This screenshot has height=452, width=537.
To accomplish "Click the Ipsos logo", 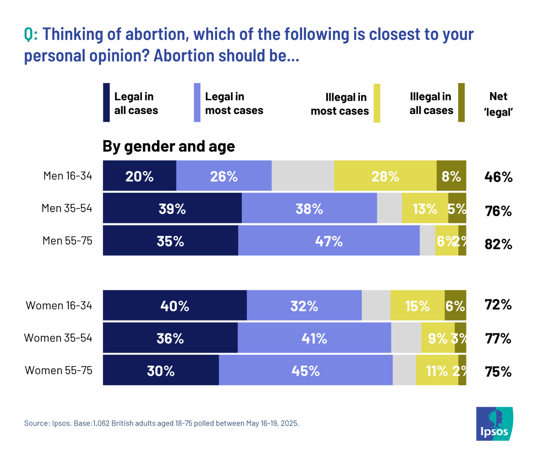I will coord(494,423).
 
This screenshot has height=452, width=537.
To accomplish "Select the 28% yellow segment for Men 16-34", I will coord(385,176).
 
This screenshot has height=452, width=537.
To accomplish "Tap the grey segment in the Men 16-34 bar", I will coord(303,176).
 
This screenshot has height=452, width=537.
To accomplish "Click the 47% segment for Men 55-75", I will coord(328,241).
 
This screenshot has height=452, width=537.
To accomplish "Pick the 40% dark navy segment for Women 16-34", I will coord(175,306).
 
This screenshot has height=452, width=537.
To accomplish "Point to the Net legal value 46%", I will coord(498,177).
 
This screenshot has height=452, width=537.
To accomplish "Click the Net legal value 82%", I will coord(498,244).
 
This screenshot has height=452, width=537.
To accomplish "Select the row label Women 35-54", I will coord(58,337).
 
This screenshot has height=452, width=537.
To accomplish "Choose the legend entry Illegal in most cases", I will coord(340,104).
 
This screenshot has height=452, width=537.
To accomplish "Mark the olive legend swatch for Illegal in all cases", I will coord(461,102).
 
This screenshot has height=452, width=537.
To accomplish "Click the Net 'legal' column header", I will coord(498,104).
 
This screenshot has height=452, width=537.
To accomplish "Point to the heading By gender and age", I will coord(169,146).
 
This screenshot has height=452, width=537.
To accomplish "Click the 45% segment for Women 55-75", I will coord(305,371).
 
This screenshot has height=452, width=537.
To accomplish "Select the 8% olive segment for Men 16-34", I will coord(451,176).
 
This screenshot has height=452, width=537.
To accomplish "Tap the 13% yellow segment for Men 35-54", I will coord(425,209).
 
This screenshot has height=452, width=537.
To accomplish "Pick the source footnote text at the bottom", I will coord(161,423).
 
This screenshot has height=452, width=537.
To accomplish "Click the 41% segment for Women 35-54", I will coord(314,338).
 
